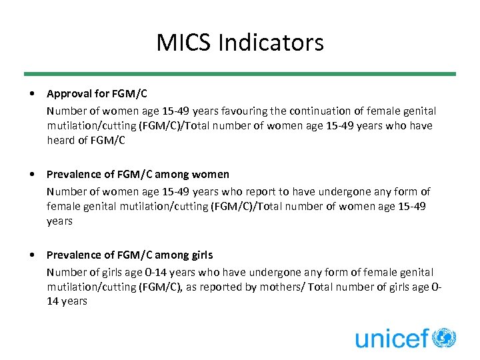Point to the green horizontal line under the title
point(240,73)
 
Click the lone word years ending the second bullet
point(59,221)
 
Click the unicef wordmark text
point(392,338)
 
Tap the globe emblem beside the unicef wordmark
point(444,337)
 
